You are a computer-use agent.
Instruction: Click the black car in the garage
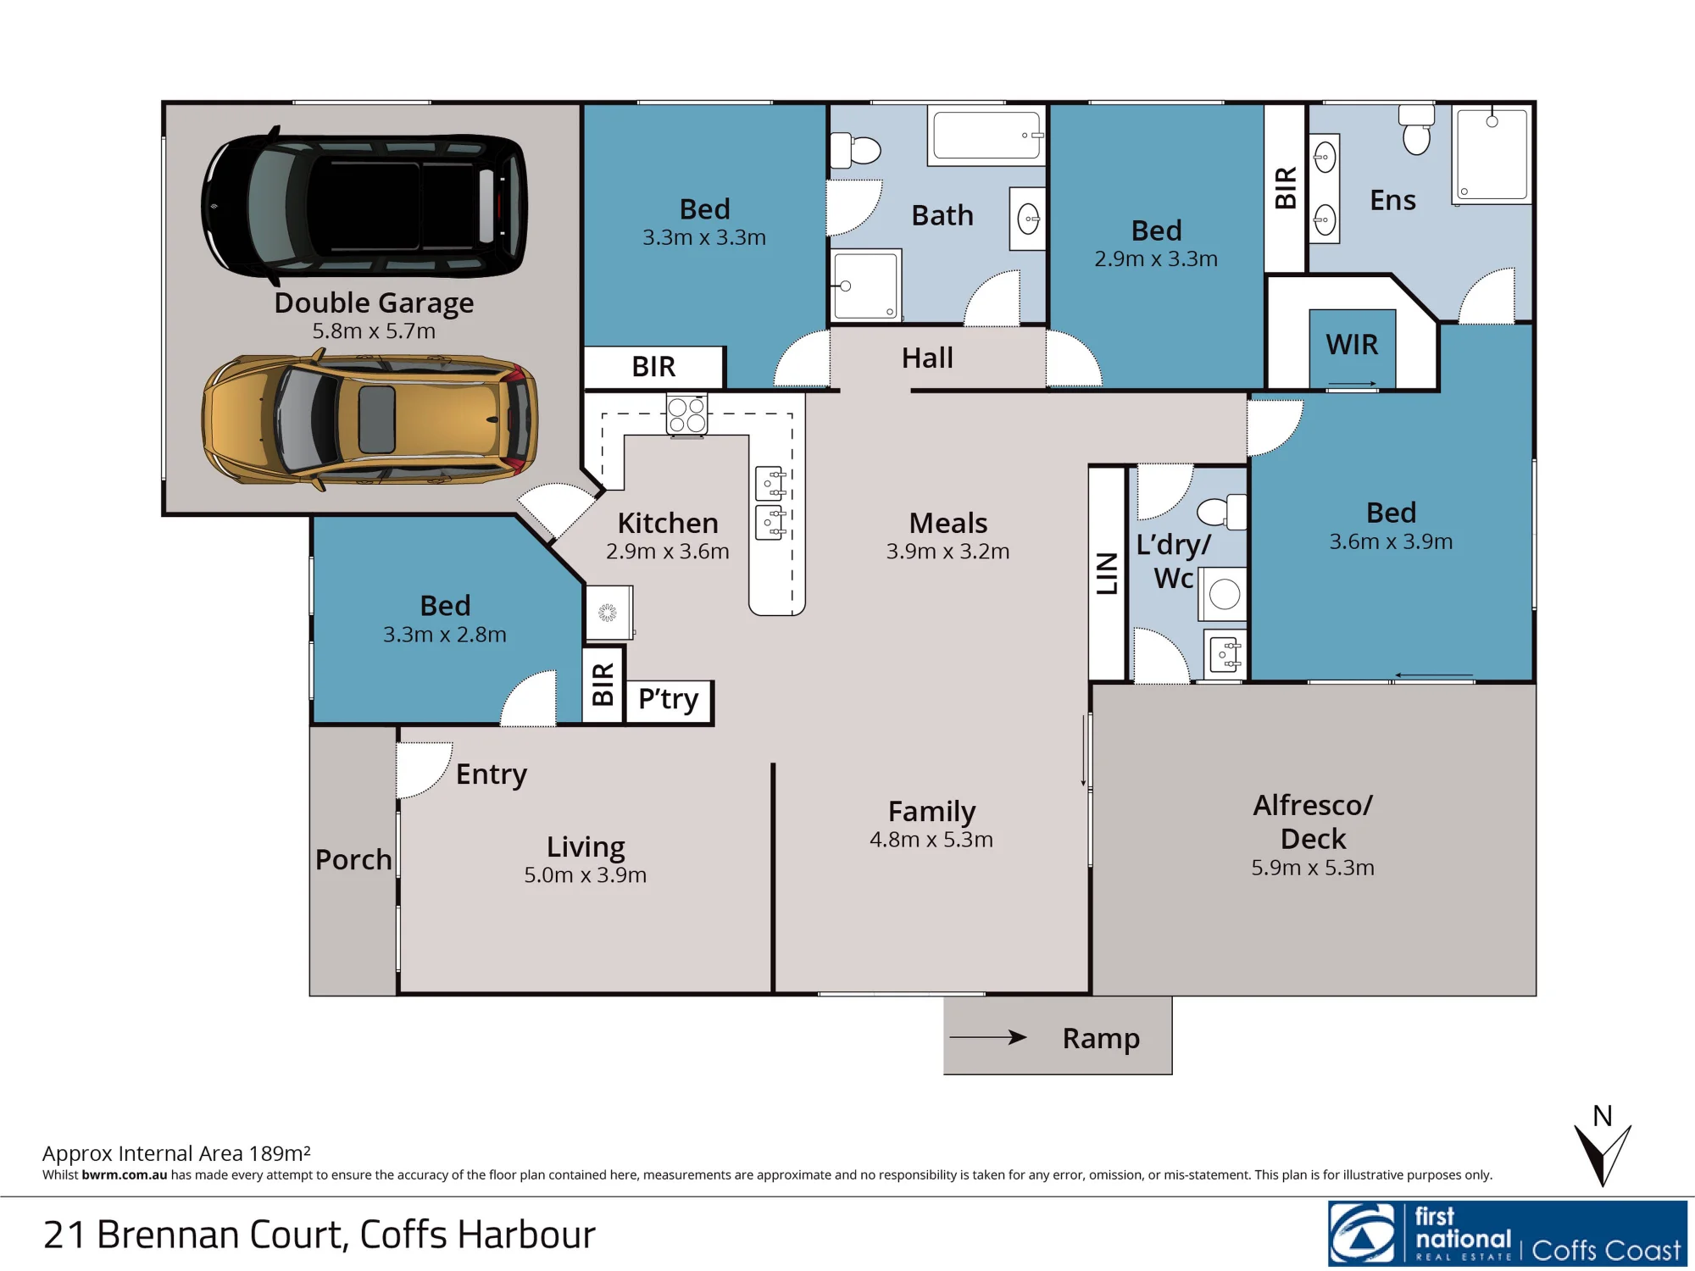(364, 206)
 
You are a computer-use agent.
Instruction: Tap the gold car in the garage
(370, 419)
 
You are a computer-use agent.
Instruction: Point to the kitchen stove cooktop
(686, 414)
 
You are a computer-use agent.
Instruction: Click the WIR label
(1352, 345)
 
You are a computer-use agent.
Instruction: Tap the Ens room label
(1392, 200)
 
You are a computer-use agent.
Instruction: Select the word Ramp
(1101, 1038)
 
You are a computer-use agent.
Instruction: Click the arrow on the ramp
(988, 1036)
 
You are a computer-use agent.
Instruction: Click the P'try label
(668, 700)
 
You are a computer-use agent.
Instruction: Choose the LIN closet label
(1107, 573)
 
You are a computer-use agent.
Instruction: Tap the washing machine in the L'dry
(1224, 594)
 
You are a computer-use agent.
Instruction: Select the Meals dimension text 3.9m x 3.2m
(948, 552)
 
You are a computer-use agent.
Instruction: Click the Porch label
(353, 859)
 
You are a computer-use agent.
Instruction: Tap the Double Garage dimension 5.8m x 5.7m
(374, 331)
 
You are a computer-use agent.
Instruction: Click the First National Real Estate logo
(1508, 1233)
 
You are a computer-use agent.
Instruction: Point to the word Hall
(927, 358)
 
